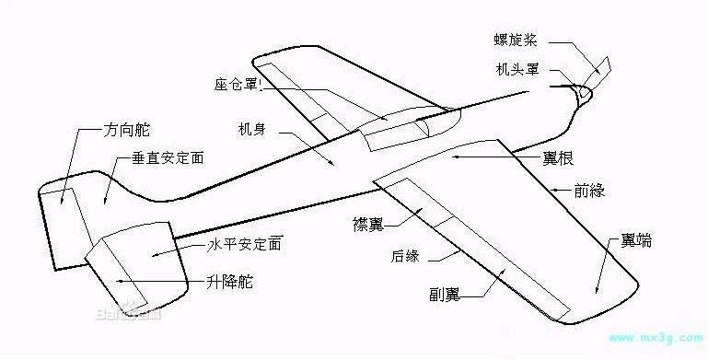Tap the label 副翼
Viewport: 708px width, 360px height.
[x=445, y=295]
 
